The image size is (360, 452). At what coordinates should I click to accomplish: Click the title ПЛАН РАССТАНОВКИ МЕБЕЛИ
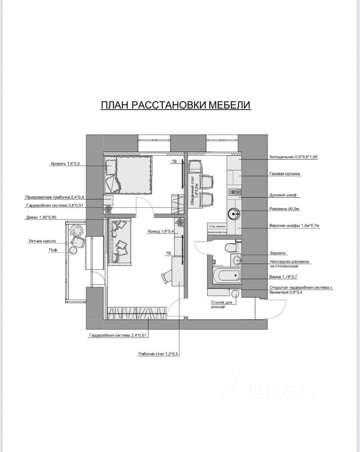tap(176, 105)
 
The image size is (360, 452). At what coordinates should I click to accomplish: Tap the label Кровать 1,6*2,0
tap(66, 164)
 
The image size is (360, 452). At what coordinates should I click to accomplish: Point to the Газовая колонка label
tap(285, 174)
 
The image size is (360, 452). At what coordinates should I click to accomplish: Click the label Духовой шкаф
tap(282, 195)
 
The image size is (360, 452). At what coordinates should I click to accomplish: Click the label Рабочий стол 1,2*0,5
tap(158, 355)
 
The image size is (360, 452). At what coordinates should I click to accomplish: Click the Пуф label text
tap(53, 250)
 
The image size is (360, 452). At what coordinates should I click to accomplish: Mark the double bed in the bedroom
tap(128, 175)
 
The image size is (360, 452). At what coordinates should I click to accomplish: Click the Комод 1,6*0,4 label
tap(161, 231)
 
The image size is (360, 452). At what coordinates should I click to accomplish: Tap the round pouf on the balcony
tap(73, 250)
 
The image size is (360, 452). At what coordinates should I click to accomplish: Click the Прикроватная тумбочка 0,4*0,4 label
tap(55, 197)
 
